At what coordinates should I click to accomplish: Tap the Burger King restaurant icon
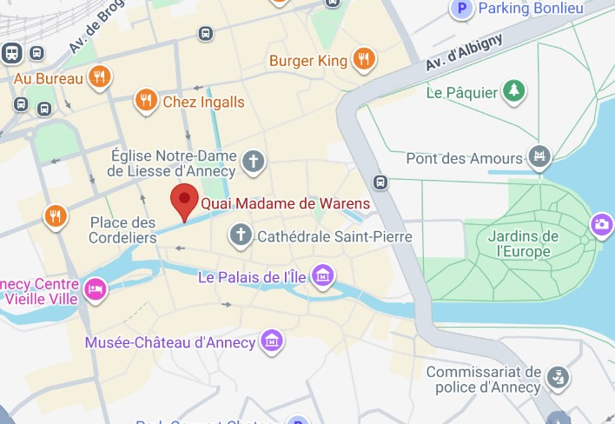[364, 60]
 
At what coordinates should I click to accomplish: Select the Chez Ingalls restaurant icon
[146, 102]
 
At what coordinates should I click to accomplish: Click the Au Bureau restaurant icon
[101, 78]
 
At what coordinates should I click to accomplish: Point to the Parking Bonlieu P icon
[463, 9]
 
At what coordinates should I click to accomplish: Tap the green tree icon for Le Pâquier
[515, 91]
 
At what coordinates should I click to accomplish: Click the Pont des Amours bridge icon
[540, 158]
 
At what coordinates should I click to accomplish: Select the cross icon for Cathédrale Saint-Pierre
[240, 234]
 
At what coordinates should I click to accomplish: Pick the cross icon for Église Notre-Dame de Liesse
[253, 161]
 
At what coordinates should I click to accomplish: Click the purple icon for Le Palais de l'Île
[322, 276]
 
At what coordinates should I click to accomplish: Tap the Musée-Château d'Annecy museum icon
[272, 341]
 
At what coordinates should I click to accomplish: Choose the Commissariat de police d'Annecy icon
[557, 377]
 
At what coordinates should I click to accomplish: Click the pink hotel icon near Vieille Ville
[95, 288]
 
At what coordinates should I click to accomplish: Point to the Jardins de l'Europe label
[523, 244]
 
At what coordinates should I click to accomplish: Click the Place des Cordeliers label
[123, 230]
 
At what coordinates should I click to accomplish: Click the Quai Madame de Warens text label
[286, 204]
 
